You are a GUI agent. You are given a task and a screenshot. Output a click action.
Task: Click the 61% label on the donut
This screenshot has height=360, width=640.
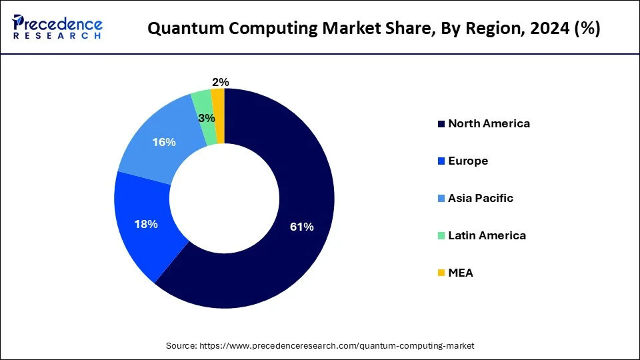click(x=301, y=227)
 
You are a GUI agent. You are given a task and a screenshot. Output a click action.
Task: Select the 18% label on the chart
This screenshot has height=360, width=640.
click(x=146, y=224)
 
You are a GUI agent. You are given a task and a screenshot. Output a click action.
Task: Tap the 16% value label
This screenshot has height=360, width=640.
click(x=164, y=142)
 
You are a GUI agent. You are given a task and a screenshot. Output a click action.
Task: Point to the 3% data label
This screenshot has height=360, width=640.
click(x=207, y=118)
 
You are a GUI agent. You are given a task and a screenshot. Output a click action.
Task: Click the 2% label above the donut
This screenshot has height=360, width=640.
click(x=220, y=82)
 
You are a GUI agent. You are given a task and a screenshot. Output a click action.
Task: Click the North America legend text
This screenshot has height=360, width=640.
click(x=489, y=123)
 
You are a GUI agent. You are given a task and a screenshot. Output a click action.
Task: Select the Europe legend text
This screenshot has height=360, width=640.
click(x=468, y=161)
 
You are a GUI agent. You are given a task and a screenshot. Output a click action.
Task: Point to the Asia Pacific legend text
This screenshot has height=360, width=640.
click(x=481, y=198)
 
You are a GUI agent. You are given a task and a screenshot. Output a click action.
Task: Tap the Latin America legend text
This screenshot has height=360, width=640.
click(x=487, y=235)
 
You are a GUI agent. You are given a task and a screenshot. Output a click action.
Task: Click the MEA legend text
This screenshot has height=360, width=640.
click(x=461, y=273)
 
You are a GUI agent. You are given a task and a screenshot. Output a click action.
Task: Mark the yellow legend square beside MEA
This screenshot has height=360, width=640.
click(x=441, y=273)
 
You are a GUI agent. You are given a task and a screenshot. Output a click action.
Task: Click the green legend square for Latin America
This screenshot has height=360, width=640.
click(x=441, y=236)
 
